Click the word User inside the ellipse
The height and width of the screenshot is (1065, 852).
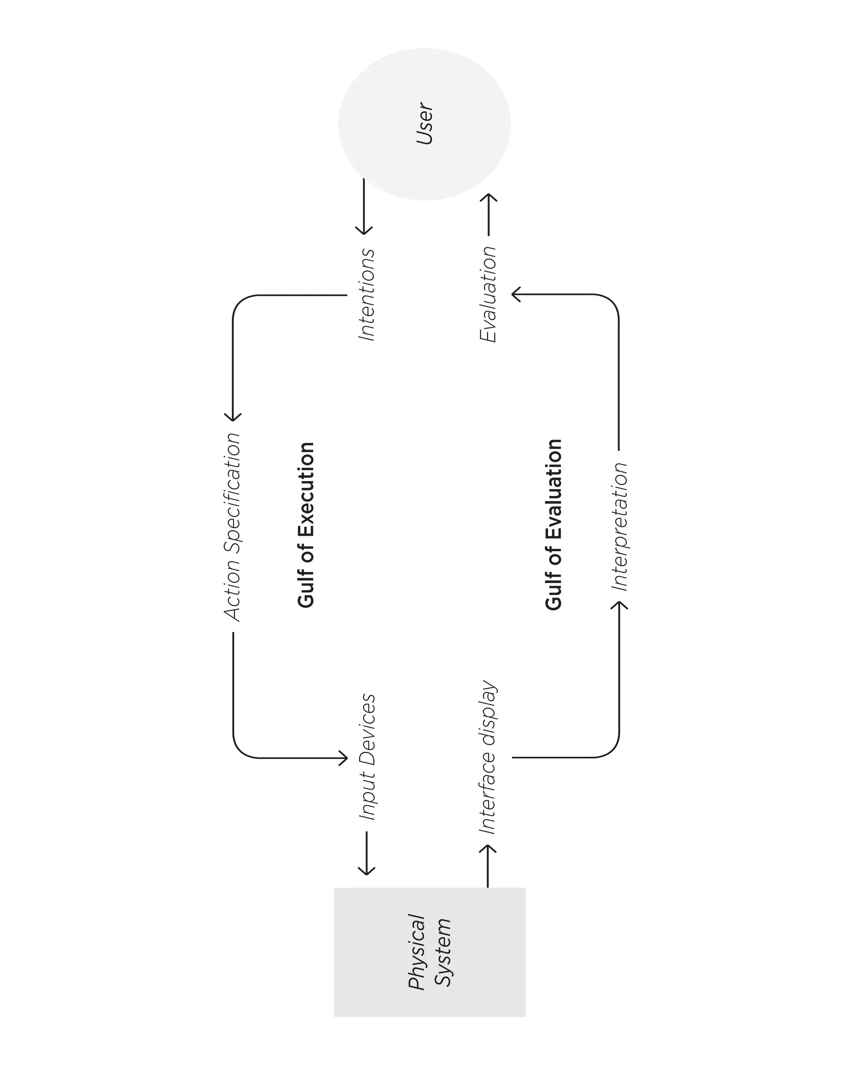(425, 124)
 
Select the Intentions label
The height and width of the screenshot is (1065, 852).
(367, 295)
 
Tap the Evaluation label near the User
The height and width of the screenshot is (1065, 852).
(488, 295)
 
